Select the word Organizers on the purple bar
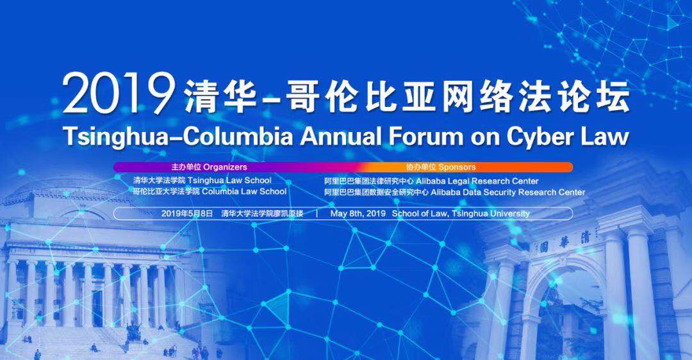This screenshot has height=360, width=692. [225, 167]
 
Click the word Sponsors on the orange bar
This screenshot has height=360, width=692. [457, 167]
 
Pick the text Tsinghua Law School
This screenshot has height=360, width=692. [229, 180]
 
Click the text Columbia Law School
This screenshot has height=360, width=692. [244, 192]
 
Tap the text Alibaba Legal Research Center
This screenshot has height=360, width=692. [477, 181]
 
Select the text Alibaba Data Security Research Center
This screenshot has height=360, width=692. [508, 192]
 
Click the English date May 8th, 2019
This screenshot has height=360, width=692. [358, 213]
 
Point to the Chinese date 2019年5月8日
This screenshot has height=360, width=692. [187, 213]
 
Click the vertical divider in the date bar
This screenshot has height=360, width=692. [317, 213]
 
